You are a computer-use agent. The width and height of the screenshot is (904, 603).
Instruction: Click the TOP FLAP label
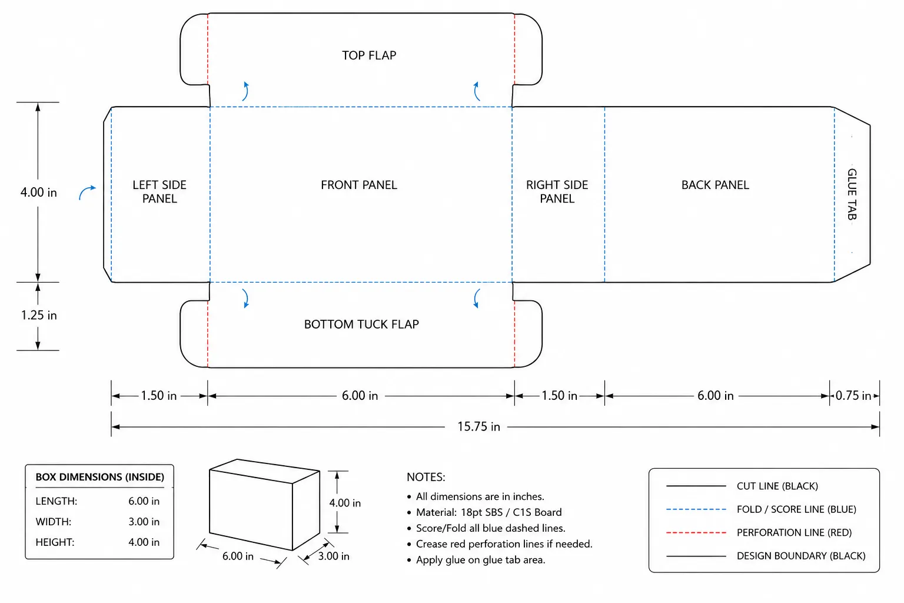pyautogui.click(x=369, y=55)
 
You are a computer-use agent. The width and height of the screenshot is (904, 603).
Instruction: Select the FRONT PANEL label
pyautogui.click(x=359, y=185)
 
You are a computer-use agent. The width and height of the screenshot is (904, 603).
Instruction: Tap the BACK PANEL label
pyautogui.click(x=715, y=185)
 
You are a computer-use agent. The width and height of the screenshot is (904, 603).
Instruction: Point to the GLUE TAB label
pyautogui.click(x=852, y=194)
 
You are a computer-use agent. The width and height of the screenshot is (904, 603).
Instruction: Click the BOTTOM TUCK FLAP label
pyautogui.click(x=361, y=324)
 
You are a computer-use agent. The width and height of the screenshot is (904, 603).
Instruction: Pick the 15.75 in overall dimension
pyautogui.click(x=478, y=426)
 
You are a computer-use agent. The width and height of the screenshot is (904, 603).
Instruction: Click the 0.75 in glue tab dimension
pyautogui.click(x=853, y=395)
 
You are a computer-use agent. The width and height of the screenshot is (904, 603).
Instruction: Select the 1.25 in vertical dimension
pyautogui.click(x=39, y=315)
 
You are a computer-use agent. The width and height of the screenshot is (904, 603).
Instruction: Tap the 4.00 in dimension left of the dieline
pyautogui.click(x=39, y=192)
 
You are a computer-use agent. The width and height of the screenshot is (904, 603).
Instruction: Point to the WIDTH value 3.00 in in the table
pyautogui.click(x=144, y=521)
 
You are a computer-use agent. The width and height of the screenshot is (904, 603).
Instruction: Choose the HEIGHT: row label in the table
pyautogui.click(x=55, y=542)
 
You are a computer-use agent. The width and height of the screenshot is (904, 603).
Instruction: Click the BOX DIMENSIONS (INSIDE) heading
pyautogui.click(x=99, y=477)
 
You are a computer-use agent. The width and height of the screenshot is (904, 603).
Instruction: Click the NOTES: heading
pyautogui.click(x=426, y=477)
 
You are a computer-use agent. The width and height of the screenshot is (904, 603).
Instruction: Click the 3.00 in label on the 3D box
pyautogui.click(x=333, y=556)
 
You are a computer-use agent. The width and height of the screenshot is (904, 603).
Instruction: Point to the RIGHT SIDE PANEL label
pyautogui.click(x=557, y=192)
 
